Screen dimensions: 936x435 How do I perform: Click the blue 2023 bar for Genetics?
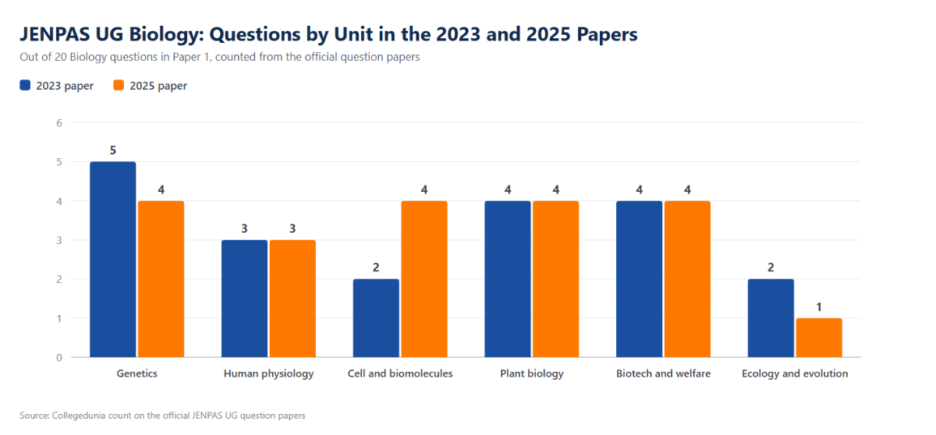coord(113,260)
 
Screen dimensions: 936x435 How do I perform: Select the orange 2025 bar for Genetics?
coord(161,279)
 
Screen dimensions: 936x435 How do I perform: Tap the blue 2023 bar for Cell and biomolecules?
coord(376,318)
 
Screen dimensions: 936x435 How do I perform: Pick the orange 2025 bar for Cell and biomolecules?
coord(424,279)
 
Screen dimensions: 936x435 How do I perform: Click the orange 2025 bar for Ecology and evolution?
coord(819,338)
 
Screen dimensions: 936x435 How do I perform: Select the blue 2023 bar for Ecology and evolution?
coord(771,318)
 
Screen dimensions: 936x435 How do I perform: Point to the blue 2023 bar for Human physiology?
coord(244,299)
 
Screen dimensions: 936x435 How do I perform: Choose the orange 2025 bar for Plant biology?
coord(555,279)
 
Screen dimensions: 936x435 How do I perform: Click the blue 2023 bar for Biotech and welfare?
coord(640,279)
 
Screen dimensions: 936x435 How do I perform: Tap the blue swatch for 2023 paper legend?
coord(25,85)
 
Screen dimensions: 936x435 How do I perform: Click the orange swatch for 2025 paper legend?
coord(119,85)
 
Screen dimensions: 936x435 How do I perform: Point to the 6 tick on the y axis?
coord(59,122)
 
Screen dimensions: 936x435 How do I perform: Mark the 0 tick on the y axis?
coord(59,357)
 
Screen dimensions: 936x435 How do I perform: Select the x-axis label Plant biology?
coord(532,373)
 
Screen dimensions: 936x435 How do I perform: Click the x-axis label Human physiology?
coord(268,373)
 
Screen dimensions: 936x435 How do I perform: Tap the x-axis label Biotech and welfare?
coord(664,373)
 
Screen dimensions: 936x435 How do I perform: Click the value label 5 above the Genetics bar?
coord(113,150)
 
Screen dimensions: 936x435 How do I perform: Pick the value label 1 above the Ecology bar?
coord(819,307)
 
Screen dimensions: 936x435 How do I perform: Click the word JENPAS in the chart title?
coord(55,34)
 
